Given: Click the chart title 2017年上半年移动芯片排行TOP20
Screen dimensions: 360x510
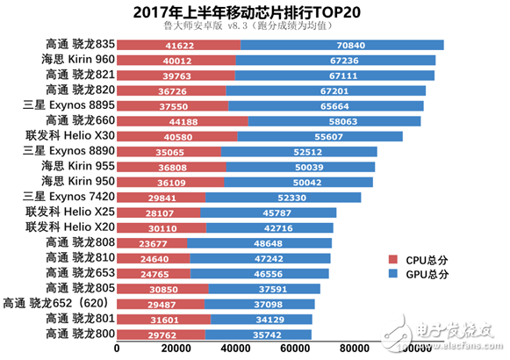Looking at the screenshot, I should pos(255,11).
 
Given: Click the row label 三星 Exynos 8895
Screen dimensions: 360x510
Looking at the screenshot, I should pos(66,105).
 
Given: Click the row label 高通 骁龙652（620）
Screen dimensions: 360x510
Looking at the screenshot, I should pos(58,303).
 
